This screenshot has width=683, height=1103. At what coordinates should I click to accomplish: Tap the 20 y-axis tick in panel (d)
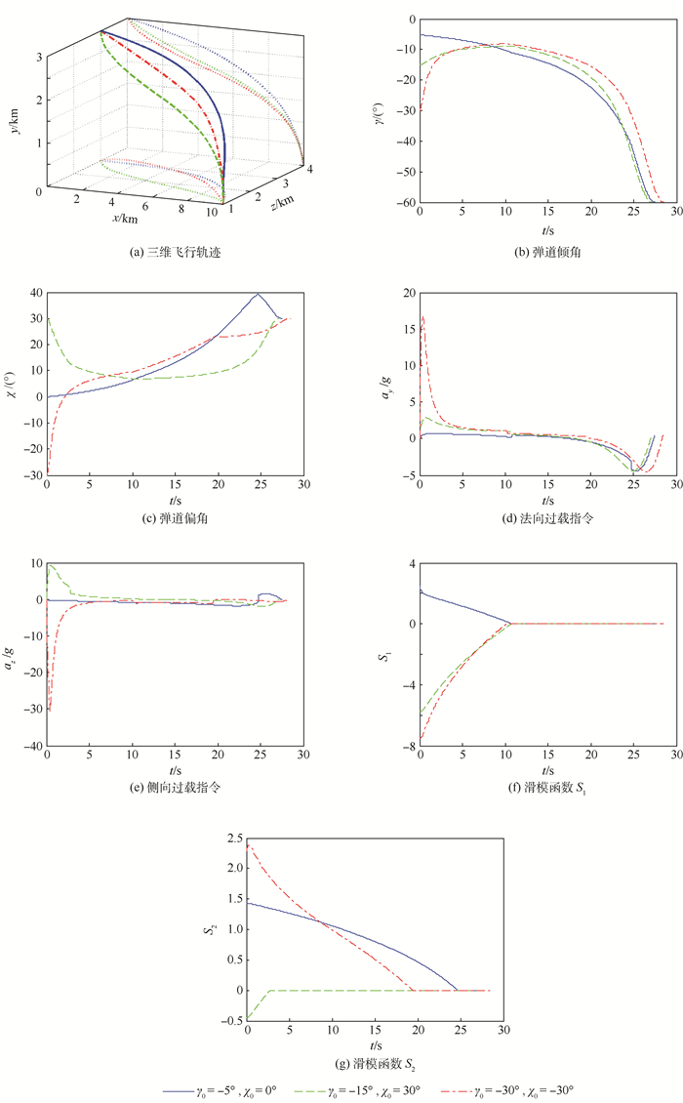click(x=409, y=293)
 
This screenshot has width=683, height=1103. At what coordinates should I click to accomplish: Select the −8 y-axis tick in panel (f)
click(x=409, y=745)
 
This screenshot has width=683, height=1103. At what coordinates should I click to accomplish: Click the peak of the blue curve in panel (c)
click(x=258, y=294)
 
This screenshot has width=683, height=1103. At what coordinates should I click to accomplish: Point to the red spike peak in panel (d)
click(x=422, y=316)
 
